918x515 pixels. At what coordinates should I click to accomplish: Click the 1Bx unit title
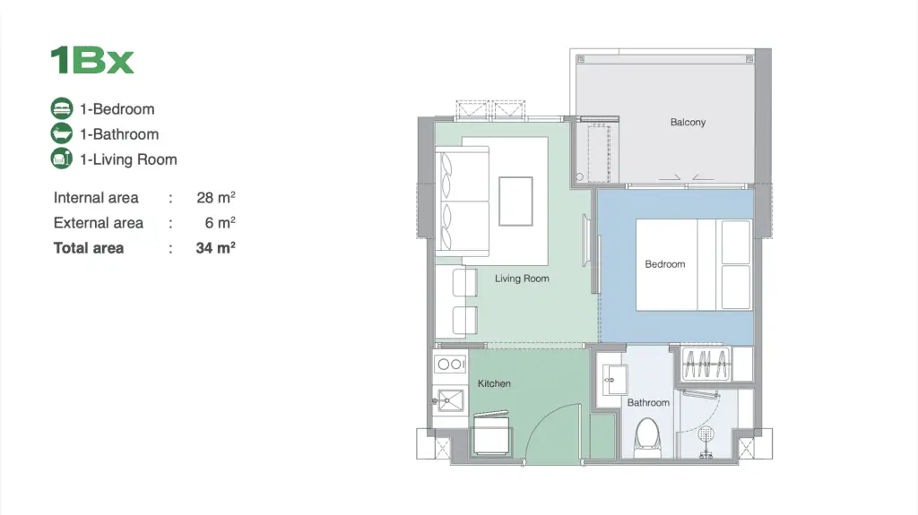coord(92,60)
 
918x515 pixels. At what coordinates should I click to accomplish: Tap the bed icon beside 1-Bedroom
coord(62,109)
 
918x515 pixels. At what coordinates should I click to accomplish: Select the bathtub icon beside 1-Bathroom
coord(62,134)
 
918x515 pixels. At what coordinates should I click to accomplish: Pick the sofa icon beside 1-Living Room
coord(62,159)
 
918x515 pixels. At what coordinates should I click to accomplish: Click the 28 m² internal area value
coord(216,197)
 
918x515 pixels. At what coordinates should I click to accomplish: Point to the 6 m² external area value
coord(221,222)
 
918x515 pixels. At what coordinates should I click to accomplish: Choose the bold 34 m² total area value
coord(215,247)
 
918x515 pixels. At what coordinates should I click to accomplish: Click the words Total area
coord(89,248)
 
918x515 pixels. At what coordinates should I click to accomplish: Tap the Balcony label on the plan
coord(688,123)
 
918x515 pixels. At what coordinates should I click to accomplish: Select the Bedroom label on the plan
coord(665,264)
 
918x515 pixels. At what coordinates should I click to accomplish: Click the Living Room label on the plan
coord(522,279)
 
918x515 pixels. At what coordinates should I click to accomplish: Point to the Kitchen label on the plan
coord(494,383)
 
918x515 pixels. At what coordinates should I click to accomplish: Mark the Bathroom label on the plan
coord(648,403)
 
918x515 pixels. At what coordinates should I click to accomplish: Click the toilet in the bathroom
coord(647,436)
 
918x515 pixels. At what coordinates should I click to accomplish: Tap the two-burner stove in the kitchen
coord(450,364)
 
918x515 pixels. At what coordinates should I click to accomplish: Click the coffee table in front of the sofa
coord(515,202)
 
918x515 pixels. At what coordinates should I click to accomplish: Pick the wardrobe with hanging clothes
coord(706,364)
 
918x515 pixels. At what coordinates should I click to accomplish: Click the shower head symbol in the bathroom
coord(706,434)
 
